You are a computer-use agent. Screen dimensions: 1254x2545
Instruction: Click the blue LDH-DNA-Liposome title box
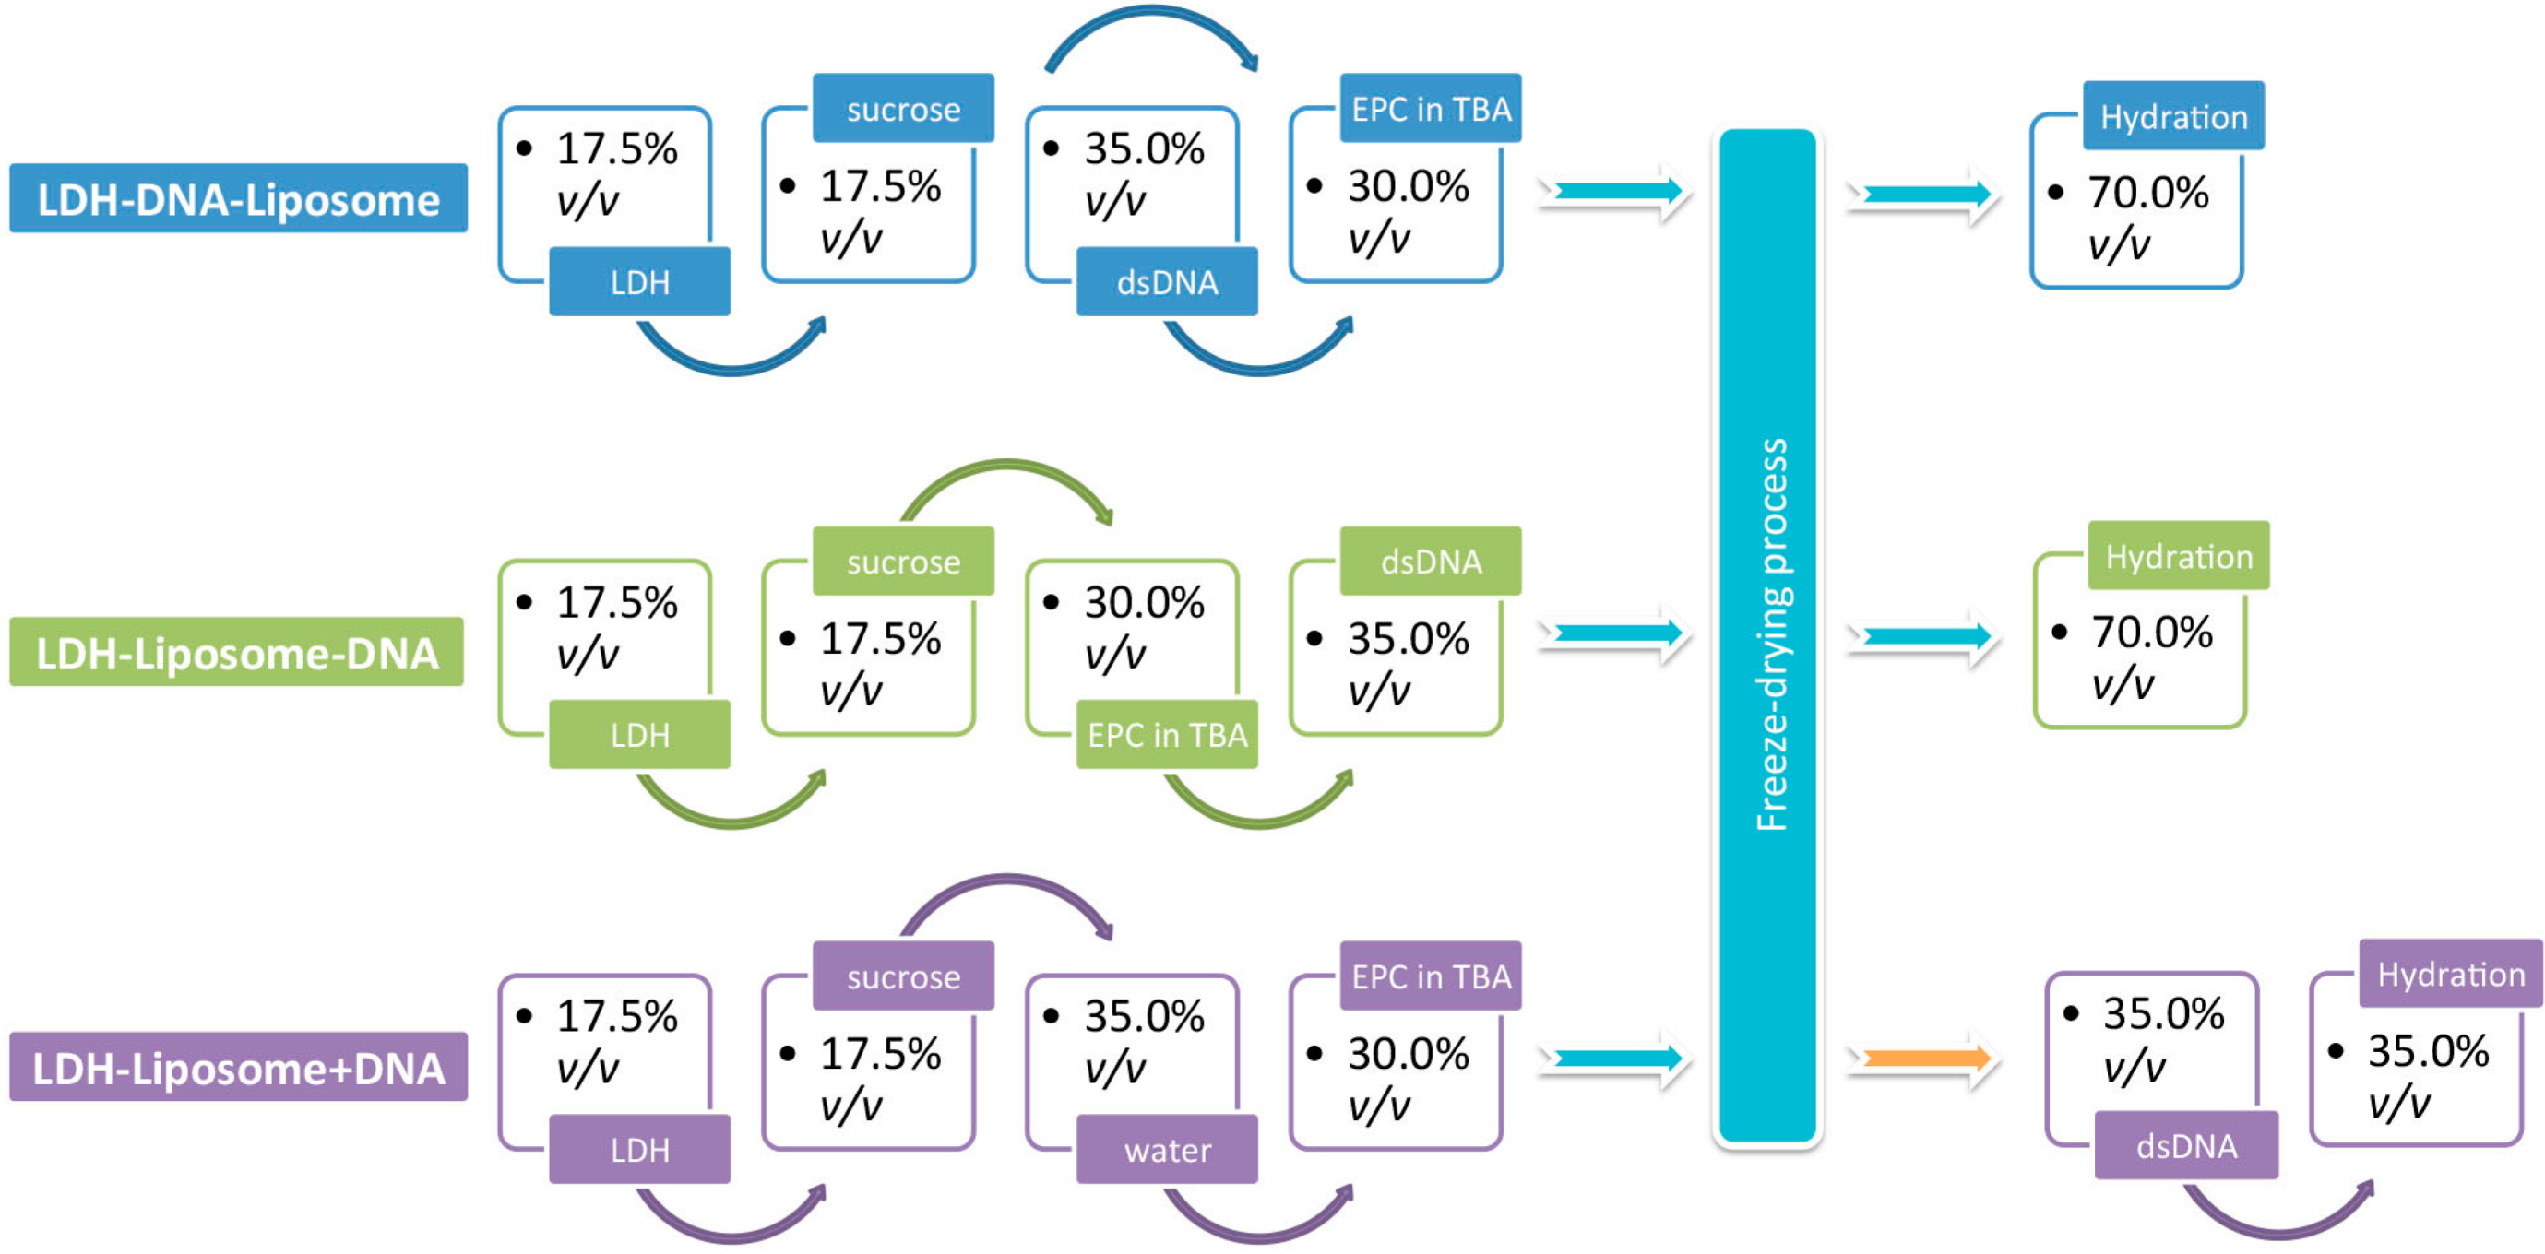tap(238, 198)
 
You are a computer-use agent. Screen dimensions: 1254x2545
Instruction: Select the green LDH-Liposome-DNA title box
tap(236, 652)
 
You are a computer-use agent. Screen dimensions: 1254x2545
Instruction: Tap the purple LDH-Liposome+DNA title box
tap(238, 1067)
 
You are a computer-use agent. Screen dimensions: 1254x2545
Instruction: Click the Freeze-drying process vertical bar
tap(1766, 637)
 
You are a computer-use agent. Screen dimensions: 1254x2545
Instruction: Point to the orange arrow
tap(1922, 1059)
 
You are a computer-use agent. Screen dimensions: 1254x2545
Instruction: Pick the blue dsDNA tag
tap(1167, 282)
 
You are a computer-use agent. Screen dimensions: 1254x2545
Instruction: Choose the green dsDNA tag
tap(1430, 561)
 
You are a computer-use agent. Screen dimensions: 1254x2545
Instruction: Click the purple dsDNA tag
tap(2185, 1145)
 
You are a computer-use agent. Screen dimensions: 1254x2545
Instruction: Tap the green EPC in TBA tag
tap(1167, 735)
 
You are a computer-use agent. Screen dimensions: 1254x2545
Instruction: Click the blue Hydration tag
tap(2172, 116)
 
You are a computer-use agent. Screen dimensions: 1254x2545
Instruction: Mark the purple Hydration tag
tap(2450, 974)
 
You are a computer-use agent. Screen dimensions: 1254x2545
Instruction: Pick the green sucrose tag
tap(903, 561)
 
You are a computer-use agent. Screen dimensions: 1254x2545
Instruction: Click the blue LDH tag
tap(639, 282)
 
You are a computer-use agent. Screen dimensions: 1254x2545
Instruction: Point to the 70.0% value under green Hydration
tap(2151, 632)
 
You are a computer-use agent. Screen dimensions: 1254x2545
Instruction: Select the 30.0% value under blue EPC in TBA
tap(1407, 185)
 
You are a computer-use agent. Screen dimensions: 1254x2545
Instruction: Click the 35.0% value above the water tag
tap(1143, 1015)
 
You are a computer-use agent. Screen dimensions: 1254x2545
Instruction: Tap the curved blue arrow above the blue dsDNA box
tap(1151, 25)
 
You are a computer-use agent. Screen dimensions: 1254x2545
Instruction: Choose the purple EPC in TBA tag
tap(1430, 976)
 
